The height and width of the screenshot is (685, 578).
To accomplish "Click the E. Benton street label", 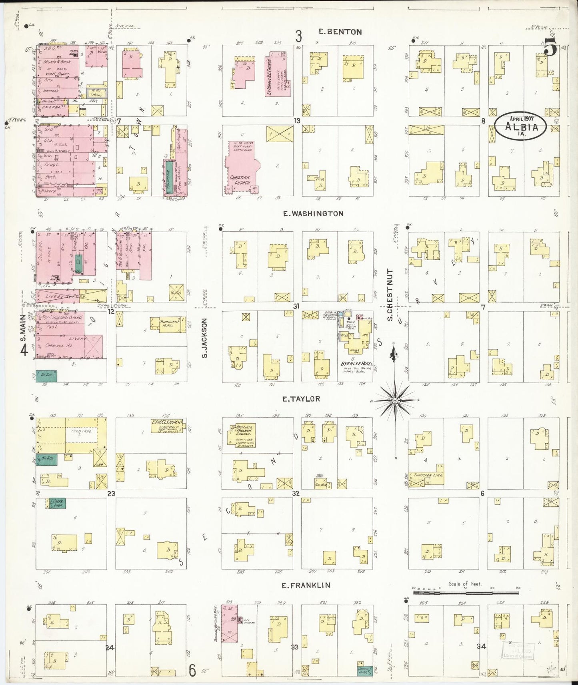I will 340,32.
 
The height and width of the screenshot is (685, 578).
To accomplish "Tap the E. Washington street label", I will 313,214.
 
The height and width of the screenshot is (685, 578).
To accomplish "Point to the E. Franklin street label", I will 306,585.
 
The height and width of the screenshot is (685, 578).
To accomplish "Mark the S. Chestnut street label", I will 390,295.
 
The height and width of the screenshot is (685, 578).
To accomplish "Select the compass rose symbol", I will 395,400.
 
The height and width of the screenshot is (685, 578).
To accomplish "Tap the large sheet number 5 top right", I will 550,48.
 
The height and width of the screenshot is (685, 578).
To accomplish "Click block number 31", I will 296,307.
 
